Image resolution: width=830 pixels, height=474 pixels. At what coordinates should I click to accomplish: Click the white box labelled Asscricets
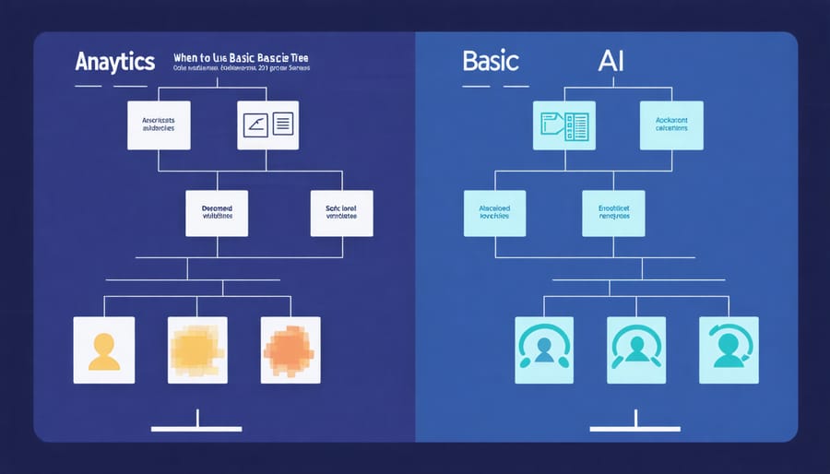coord(159,125)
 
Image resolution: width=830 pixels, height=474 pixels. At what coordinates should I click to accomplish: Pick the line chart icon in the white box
coord(254,125)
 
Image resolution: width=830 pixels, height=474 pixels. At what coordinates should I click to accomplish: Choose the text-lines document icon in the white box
coord(281,125)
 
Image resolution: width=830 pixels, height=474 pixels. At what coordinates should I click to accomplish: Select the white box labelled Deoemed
coord(217,213)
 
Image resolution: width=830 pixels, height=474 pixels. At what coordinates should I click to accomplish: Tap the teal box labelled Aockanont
coord(671,125)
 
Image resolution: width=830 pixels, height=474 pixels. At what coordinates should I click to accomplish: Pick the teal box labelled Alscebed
coord(494,213)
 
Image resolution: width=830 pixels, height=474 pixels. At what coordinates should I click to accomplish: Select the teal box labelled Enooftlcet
coord(613,213)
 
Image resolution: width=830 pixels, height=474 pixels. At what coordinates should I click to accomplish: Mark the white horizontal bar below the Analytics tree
coord(196,429)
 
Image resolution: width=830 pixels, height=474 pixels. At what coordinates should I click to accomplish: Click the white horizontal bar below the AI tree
coord(635,429)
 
